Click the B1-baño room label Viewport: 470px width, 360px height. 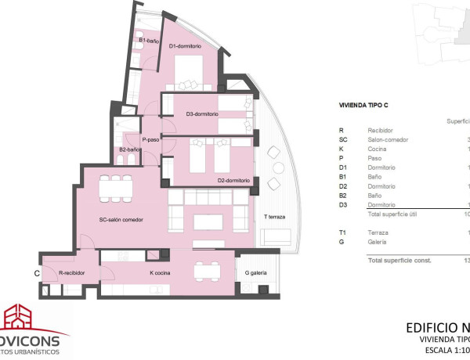coord(149,40)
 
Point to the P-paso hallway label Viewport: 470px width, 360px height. coord(150,140)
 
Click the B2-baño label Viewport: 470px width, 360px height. coord(129,149)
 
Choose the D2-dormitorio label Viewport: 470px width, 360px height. coord(233,181)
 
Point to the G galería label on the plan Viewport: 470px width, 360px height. coord(257,273)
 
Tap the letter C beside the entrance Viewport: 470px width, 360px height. coord(37,273)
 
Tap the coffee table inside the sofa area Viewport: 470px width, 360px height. coord(208,221)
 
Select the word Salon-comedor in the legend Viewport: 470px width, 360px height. coord(389,140)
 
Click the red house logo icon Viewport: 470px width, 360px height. coord(21,319)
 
